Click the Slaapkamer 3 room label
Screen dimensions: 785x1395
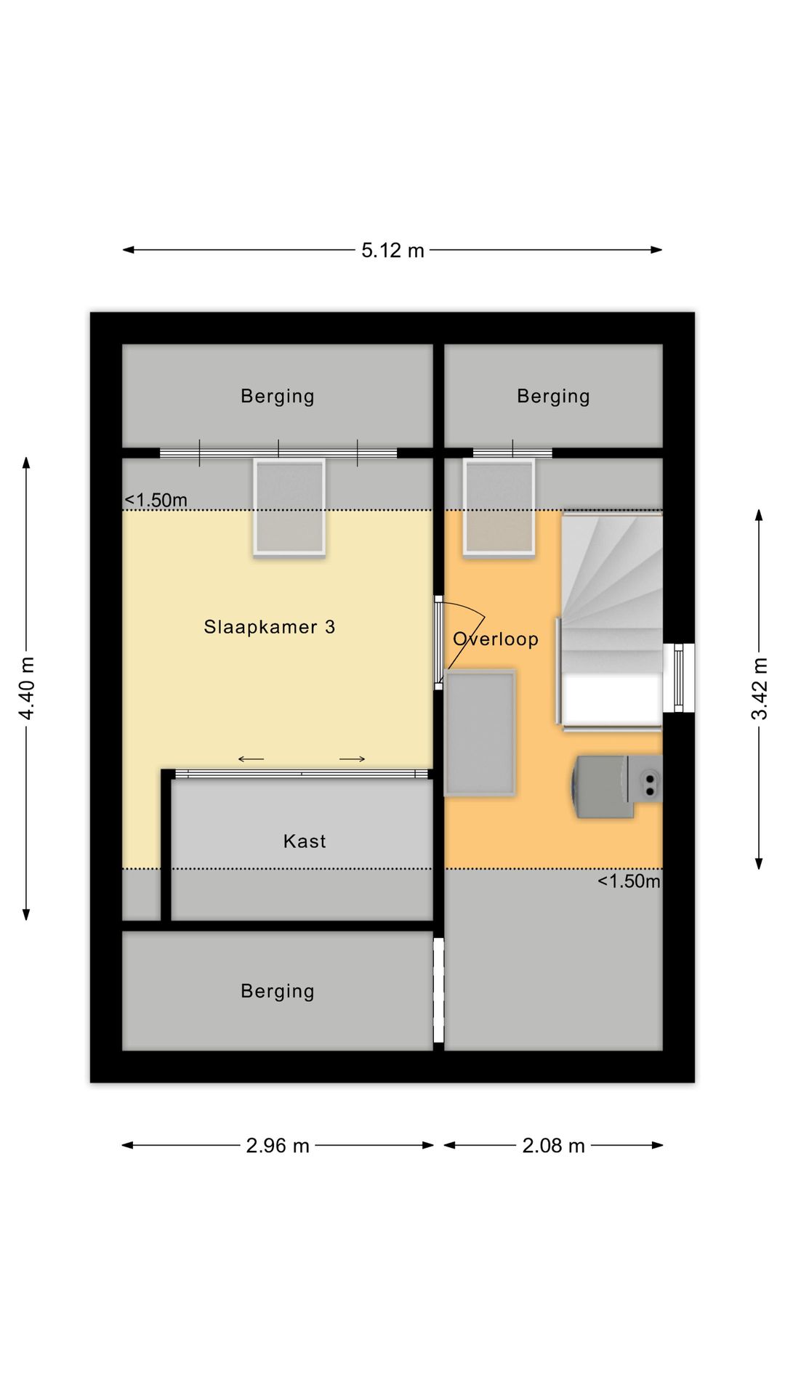click(269, 627)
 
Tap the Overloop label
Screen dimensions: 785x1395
click(496, 639)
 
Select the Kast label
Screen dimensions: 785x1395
click(305, 841)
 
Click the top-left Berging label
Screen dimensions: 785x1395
click(278, 397)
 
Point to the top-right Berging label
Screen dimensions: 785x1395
click(553, 397)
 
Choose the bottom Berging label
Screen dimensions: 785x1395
click(278, 992)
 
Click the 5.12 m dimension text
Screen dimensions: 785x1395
click(392, 251)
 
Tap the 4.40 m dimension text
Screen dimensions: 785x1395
click(27, 688)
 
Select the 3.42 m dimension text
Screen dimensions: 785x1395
click(759, 688)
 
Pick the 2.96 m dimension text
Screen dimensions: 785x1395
click(278, 1146)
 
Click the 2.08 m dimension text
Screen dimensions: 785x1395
click(553, 1146)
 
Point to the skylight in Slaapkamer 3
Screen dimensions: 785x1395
click(289, 507)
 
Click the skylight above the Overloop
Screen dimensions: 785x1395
click(499, 507)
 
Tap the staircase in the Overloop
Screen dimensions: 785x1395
click(611, 620)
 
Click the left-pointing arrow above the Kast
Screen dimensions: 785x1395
click(251, 759)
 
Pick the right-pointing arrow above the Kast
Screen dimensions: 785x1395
click(353, 759)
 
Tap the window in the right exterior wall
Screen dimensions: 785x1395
click(679, 678)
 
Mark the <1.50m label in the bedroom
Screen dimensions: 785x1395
click(156, 500)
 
